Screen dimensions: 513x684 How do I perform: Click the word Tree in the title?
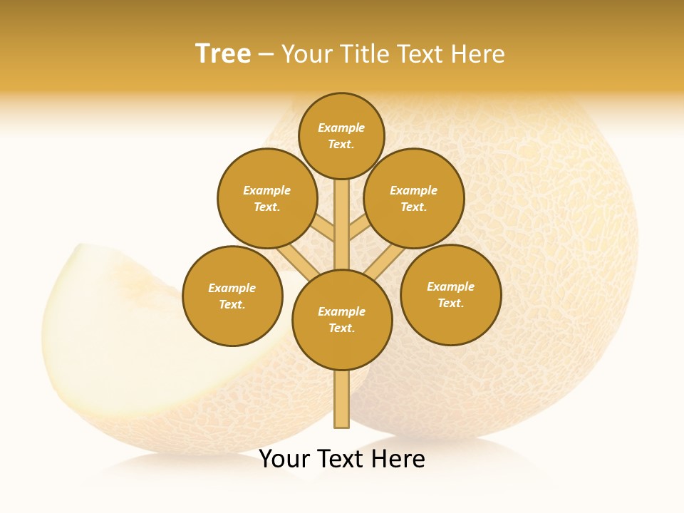point(223,54)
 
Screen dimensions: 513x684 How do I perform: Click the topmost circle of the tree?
point(341,135)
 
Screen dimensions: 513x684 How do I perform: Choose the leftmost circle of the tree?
point(232,296)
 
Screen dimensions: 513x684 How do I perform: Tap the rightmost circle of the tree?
point(450,294)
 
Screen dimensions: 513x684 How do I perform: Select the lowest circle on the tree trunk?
point(342,320)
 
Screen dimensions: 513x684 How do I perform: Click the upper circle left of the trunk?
point(267,198)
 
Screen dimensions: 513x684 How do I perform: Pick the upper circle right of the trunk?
point(414,198)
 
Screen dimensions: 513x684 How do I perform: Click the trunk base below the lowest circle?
point(341,399)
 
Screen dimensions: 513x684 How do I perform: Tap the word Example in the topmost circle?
point(341,128)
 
